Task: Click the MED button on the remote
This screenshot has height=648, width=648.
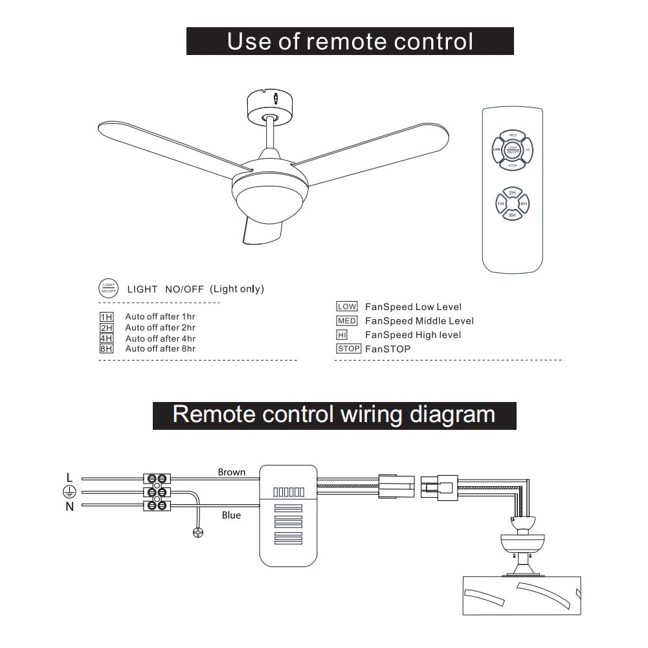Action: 512,135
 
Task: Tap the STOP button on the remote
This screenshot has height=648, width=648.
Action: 512,166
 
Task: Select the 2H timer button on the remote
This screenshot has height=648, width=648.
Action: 512,193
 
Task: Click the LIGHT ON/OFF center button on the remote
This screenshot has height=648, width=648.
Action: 512,150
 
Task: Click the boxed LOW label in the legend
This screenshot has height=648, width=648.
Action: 347,307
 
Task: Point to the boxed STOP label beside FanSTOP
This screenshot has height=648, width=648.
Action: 348,349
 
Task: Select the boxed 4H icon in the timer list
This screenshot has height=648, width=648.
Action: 106,339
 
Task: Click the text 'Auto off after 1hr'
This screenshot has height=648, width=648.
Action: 160,317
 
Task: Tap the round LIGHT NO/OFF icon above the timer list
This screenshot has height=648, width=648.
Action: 108,289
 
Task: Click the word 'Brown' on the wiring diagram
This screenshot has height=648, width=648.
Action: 232,472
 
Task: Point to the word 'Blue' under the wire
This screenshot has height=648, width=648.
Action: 231,515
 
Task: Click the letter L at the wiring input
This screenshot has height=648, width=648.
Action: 70,478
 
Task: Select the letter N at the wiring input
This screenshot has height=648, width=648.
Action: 70,507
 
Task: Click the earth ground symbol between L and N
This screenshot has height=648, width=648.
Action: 70,492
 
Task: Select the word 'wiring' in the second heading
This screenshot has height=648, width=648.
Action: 370,414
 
